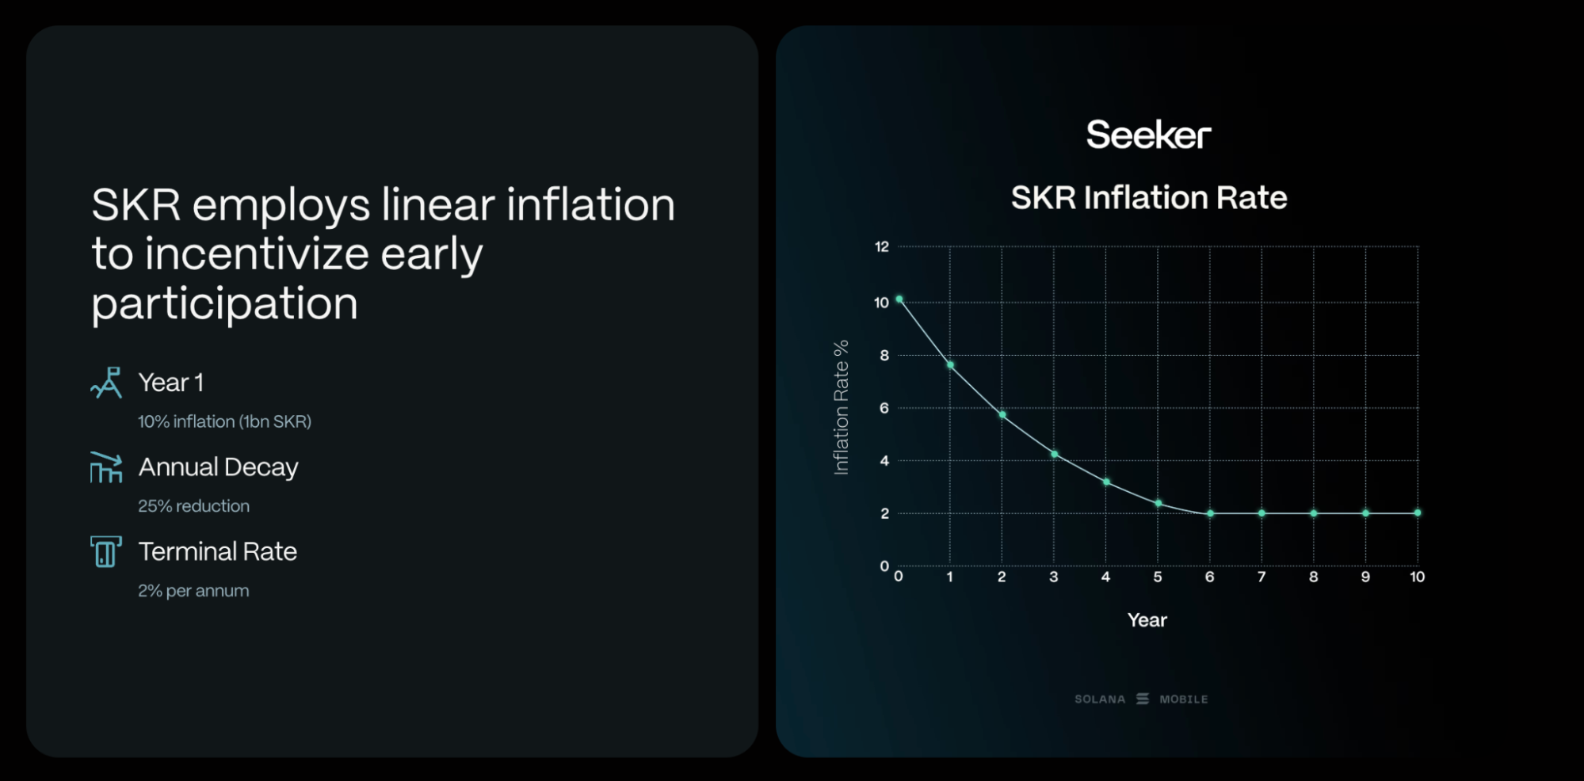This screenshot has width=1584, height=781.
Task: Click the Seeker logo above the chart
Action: pyautogui.click(x=1148, y=135)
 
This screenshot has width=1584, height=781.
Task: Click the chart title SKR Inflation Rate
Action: pyautogui.click(x=1148, y=197)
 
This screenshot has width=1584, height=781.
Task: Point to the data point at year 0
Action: pyautogui.click(x=899, y=299)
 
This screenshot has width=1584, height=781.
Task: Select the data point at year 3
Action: pyautogui.click(x=1054, y=454)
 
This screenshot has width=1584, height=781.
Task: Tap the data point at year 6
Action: pyautogui.click(x=1210, y=513)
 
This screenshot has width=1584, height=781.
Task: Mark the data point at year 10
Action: pyautogui.click(x=1418, y=512)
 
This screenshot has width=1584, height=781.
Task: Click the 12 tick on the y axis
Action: pyautogui.click(x=881, y=246)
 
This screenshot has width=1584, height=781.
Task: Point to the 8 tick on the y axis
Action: pyautogui.click(x=884, y=355)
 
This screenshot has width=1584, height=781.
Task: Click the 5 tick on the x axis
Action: pyautogui.click(x=1158, y=577)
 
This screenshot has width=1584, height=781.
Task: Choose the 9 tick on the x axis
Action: pyautogui.click(x=1365, y=577)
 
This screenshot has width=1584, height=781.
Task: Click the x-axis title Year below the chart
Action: pyautogui.click(x=1147, y=619)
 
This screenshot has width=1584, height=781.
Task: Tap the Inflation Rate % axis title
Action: pyautogui.click(x=841, y=407)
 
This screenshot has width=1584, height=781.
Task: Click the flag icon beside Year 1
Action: pyautogui.click(x=106, y=383)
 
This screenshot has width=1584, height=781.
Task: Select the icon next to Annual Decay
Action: pyautogui.click(x=106, y=467)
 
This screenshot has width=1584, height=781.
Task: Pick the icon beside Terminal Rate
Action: pyautogui.click(x=105, y=551)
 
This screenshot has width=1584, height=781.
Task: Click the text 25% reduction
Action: pyautogui.click(x=193, y=505)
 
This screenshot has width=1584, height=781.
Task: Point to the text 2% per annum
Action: pyautogui.click(x=193, y=590)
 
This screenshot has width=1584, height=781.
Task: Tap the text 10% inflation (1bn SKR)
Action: pyautogui.click(x=224, y=421)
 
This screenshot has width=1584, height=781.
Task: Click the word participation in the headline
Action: pyautogui.click(x=224, y=304)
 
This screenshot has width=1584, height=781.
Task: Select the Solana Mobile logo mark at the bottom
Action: pyautogui.click(x=1142, y=699)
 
